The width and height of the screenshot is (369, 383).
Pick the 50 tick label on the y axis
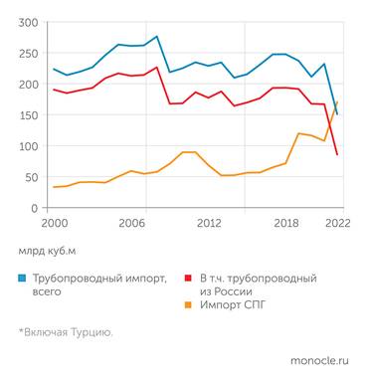pyautogui.click(x=32, y=177)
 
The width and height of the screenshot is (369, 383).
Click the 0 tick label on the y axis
pyautogui.click(x=36, y=208)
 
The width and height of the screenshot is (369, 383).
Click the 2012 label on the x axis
pyautogui.click(x=209, y=224)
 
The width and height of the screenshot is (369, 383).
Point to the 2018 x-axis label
pyautogui.click(x=286, y=224)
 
